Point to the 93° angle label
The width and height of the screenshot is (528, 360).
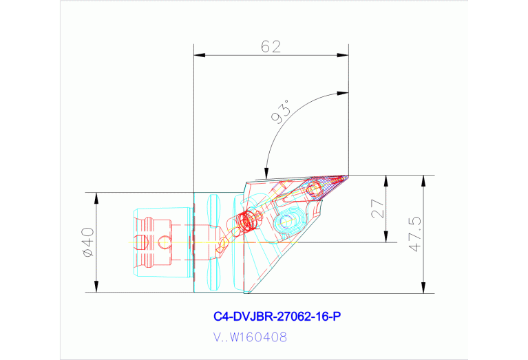(281, 111)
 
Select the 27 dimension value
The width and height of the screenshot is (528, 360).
(377, 209)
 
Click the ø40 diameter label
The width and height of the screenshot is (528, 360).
(87, 242)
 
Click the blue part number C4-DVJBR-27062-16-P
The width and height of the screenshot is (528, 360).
(277, 317)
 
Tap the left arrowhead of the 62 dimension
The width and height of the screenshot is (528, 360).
(198, 56)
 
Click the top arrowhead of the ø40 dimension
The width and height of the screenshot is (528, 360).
(96, 195)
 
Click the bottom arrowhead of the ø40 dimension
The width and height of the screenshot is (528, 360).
(96, 288)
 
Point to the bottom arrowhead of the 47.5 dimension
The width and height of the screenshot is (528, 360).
(424, 288)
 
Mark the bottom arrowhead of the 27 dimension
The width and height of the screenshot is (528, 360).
(387, 239)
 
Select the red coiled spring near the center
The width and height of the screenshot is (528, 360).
(247, 222)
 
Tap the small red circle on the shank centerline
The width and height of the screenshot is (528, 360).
(163, 242)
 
